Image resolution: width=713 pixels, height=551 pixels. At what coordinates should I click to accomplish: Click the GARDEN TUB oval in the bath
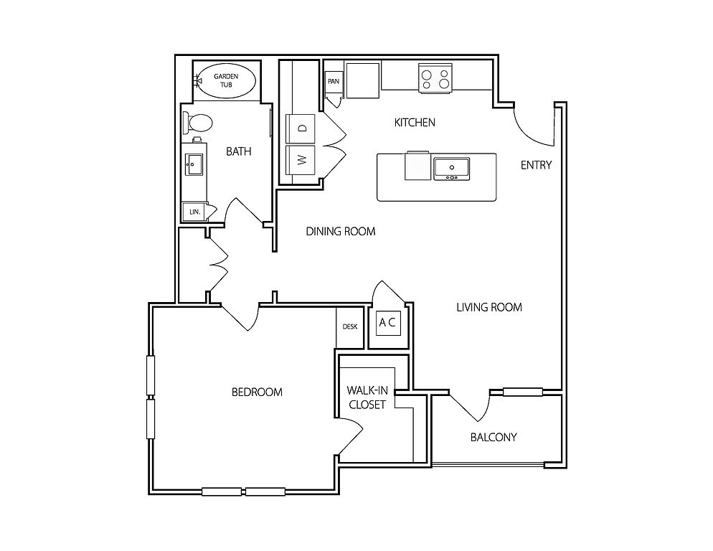point(226,81)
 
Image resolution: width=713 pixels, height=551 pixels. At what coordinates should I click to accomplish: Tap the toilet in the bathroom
point(198,123)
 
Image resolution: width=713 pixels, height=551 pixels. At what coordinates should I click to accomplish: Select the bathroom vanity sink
point(194,164)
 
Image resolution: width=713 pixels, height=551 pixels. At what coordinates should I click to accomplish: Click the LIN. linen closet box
point(194,212)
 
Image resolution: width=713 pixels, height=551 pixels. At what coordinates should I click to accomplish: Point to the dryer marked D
point(300,128)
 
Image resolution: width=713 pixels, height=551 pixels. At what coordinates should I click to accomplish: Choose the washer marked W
point(300,160)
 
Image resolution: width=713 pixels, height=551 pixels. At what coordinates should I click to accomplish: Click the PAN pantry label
point(334,82)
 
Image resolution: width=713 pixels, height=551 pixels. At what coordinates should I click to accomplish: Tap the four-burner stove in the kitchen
point(435,78)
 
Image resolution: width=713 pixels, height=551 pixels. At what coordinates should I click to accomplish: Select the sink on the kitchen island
point(451,169)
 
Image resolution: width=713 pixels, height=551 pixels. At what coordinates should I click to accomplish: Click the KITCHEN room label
point(415,123)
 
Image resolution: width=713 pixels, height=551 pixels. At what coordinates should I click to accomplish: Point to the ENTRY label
point(536,165)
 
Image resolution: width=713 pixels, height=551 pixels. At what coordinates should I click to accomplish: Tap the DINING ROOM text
point(341,231)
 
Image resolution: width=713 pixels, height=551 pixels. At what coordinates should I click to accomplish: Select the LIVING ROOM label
point(488,308)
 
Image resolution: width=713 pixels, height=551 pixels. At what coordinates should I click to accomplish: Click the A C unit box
point(387,323)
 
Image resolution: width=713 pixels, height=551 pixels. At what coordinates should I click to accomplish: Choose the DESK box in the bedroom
point(349,327)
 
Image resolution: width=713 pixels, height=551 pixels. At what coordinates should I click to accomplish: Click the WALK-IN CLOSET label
point(367,397)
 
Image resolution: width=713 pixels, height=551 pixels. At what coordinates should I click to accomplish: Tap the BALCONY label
point(494,437)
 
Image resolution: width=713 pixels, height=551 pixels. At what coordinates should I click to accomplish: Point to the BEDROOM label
point(257,392)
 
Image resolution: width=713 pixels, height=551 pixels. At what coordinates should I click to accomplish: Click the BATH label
point(239,151)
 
